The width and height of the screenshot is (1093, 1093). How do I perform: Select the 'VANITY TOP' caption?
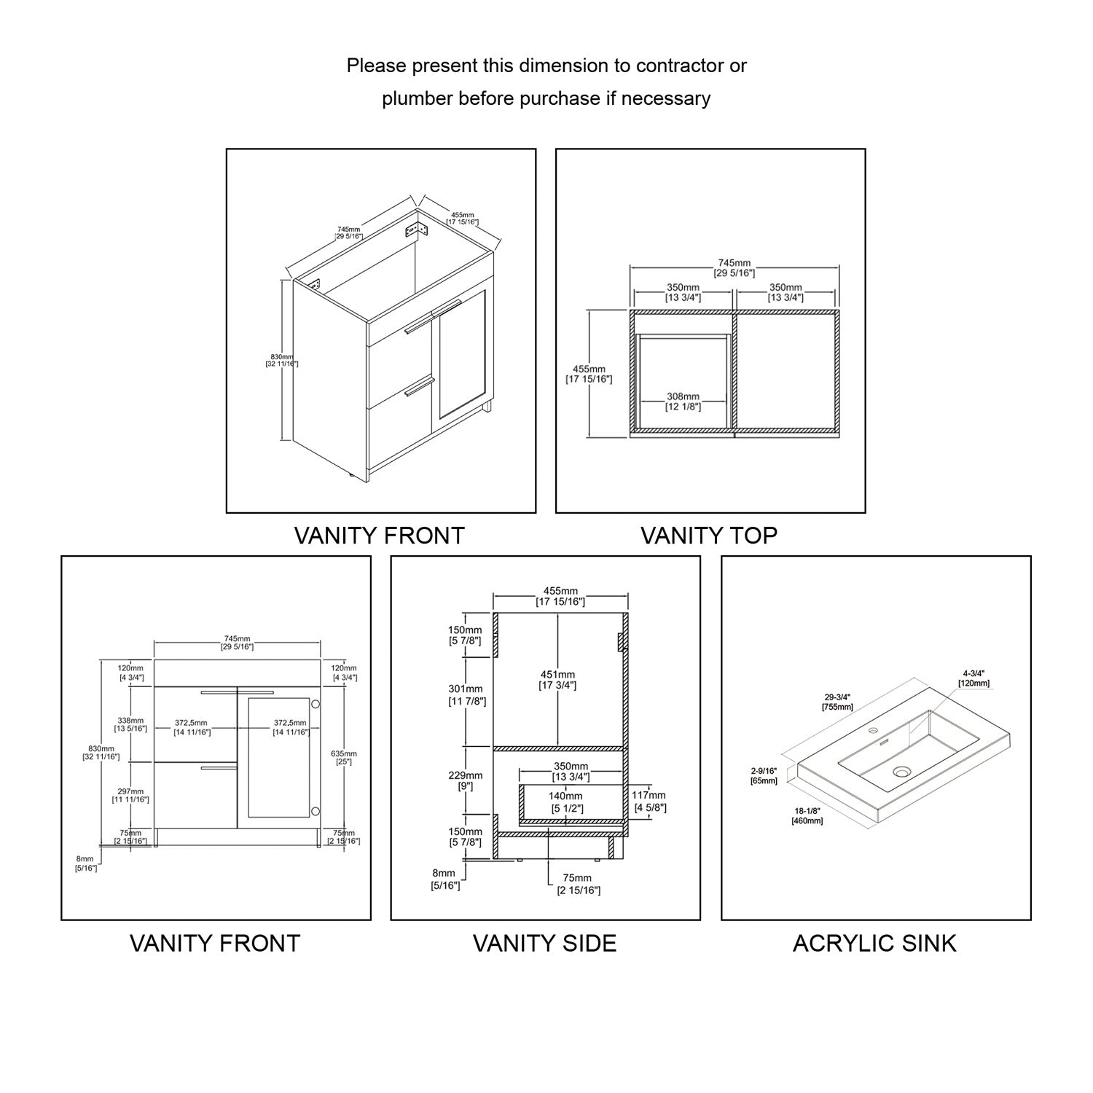(709, 536)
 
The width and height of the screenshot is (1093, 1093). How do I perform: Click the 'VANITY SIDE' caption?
(544, 943)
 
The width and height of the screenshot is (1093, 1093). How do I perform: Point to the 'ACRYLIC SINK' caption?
(874, 943)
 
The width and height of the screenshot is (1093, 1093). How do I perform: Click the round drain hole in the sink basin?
(903, 770)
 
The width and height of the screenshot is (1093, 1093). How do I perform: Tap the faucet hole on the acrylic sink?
(871, 729)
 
